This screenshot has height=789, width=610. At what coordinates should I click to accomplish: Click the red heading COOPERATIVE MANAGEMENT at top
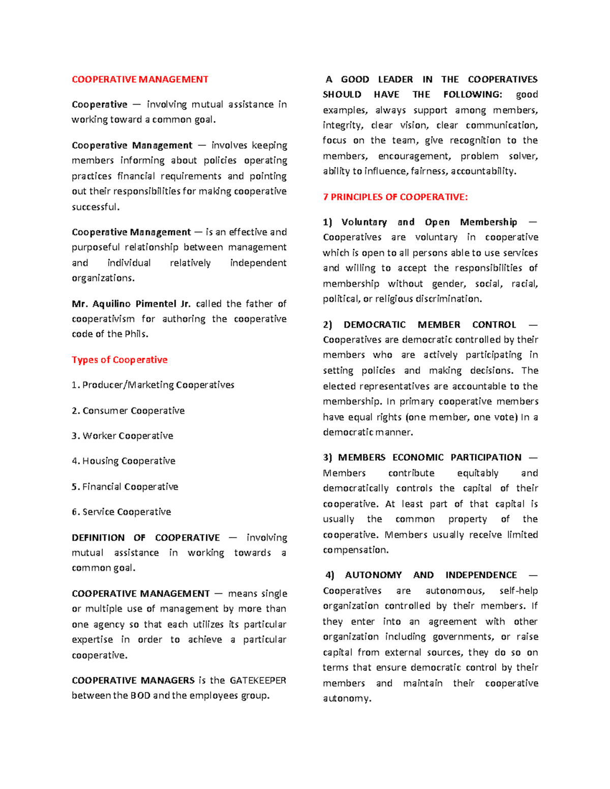click(140, 79)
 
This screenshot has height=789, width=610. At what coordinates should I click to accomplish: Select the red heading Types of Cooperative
click(119, 360)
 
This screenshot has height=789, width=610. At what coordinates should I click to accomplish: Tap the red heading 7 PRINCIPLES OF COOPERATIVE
click(395, 197)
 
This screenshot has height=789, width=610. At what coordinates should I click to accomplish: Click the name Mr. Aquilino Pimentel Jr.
click(131, 304)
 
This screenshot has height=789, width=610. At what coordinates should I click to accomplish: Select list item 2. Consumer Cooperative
click(128, 411)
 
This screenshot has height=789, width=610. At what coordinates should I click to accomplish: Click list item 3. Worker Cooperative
click(123, 436)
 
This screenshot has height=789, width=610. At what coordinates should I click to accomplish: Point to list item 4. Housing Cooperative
click(124, 461)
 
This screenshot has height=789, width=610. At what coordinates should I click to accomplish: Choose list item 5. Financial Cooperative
click(125, 487)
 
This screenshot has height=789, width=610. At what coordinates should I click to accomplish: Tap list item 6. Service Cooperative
click(121, 512)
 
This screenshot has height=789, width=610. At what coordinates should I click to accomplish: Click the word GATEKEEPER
click(258, 680)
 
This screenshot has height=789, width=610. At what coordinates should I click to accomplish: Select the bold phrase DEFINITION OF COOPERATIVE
click(146, 538)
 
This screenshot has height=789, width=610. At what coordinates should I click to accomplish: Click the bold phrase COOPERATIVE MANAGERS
click(133, 680)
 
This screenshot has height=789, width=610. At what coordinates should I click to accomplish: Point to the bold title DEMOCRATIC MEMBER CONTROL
click(430, 325)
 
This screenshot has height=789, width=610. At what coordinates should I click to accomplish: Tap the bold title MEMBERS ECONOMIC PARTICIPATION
click(430, 457)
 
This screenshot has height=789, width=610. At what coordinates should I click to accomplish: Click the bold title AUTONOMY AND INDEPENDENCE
click(431, 575)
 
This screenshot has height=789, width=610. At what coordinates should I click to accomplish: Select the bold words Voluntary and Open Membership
click(429, 222)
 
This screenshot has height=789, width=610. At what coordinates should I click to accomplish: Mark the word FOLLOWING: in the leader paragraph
click(472, 94)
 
